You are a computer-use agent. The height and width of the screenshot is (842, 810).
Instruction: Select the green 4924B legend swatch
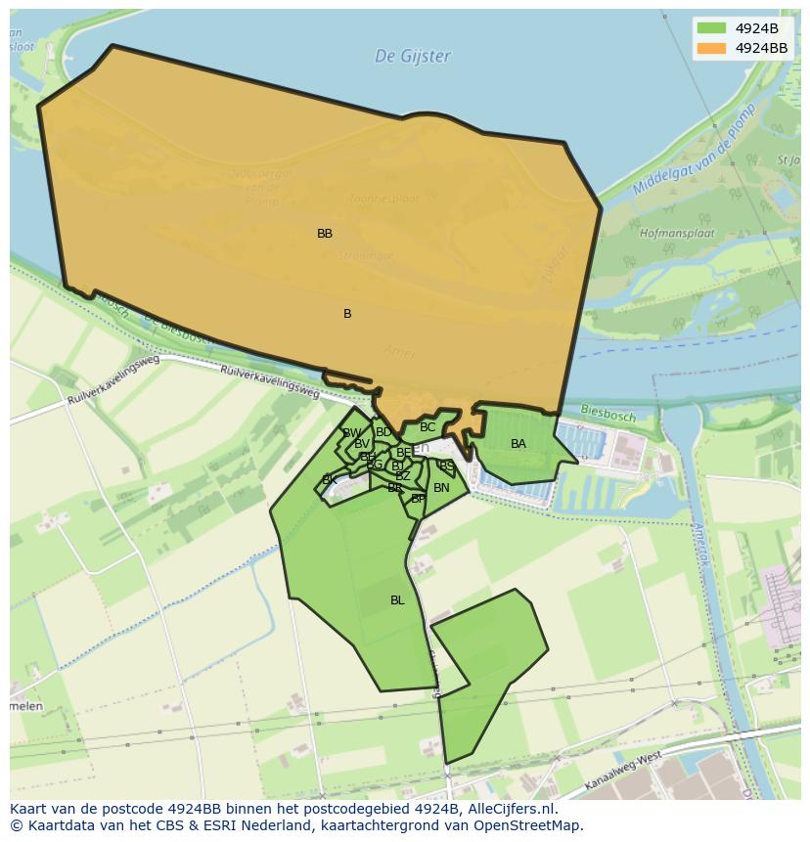tap(711, 28)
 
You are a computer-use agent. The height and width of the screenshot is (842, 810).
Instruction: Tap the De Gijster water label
tap(413, 57)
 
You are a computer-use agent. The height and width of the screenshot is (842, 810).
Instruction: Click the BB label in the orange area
tap(325, 234)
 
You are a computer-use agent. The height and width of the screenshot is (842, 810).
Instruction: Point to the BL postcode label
tap(397, 600)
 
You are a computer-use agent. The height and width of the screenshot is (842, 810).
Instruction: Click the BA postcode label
tap(518, 444)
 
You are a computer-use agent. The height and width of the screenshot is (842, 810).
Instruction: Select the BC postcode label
tap(427, 427)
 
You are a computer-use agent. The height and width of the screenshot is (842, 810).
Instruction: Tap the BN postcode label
tap(441, 488)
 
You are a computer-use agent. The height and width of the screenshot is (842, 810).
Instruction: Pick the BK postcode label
tap(330, 480)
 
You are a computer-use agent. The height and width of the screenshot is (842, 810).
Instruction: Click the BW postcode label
tap(352, 433)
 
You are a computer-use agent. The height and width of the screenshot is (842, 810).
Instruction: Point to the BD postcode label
tap(383, 432)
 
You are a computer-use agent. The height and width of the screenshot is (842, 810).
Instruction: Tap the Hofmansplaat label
tap(677, 235)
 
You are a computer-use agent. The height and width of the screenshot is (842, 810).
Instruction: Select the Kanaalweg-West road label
tap(623, 773)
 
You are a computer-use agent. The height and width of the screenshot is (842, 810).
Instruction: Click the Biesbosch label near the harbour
tap(608, 415)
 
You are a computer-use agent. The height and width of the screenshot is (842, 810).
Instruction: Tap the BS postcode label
tap(446, 466)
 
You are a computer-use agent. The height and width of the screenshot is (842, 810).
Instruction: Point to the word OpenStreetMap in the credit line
tap(529, 825)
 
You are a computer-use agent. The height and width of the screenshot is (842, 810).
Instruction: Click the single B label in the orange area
tap(347, 314)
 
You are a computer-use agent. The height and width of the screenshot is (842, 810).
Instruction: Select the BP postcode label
tap(418, 499)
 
